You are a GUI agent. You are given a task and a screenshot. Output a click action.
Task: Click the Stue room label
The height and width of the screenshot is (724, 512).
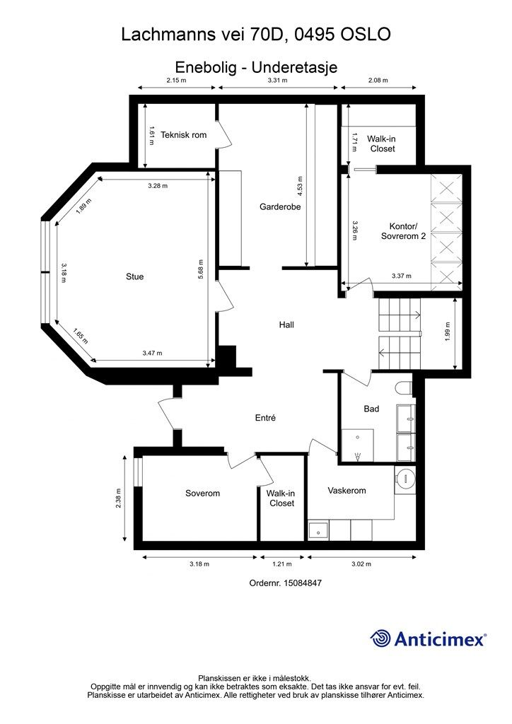point(135,276)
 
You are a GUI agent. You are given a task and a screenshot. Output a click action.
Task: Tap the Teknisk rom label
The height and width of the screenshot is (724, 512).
point(183,135)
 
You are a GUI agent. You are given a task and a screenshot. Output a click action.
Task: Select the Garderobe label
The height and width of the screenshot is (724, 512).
point(280,207)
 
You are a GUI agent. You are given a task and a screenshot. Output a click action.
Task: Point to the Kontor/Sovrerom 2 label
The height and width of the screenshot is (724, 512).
point(403,231)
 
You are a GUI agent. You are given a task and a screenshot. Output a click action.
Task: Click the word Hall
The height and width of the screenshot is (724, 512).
point(286,325)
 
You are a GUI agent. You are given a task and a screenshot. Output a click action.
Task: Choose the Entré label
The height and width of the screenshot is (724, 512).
point(265,418)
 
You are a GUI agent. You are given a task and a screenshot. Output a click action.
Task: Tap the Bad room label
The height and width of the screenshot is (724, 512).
point(372,409)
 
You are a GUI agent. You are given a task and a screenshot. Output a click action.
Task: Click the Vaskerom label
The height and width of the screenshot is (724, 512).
point(347,491)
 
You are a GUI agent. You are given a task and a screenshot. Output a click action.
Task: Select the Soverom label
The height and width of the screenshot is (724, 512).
point(202,493)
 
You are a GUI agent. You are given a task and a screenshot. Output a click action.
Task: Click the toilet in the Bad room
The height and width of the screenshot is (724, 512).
point(405,388)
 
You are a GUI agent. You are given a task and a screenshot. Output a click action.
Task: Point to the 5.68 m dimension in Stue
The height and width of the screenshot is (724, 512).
point(201,271)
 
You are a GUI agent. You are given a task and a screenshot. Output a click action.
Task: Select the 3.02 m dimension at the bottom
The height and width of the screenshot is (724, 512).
point(361,564)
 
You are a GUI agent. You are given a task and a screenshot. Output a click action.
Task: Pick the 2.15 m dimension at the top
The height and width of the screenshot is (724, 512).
point(176,80)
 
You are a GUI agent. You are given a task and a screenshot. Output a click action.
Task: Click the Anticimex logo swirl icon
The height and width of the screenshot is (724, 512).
point(380,638)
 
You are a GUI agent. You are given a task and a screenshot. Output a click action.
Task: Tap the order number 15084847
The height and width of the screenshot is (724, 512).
point(302,583)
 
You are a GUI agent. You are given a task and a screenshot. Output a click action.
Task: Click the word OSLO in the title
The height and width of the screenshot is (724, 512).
point(366,34)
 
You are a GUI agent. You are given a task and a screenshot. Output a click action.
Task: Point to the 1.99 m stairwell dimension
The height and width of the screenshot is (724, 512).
point(447,332)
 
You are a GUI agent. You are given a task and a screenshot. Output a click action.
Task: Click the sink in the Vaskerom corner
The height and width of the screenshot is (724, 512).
point(318,530)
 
